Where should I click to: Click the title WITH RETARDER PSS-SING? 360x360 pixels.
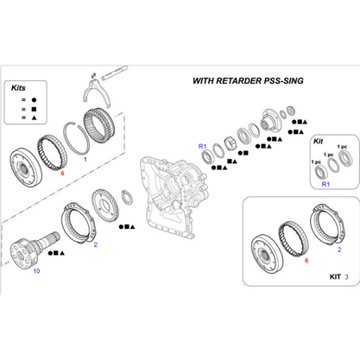pos(248,81)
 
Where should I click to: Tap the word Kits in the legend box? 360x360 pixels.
pos(18,88)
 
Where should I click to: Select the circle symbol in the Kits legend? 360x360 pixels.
pos(34,100)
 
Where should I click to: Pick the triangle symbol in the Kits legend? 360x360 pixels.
pos(34,117)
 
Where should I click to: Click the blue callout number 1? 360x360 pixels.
pos(85,159)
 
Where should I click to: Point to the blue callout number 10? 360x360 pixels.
pos(36,271)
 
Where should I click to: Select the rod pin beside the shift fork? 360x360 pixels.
pos(115,73)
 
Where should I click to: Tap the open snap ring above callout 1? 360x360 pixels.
pos(76,137)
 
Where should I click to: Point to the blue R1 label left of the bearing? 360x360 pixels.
pos(203,146)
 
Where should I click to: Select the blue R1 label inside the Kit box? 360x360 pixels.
pos(325,184)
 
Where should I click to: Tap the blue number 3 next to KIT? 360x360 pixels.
pos(346,277)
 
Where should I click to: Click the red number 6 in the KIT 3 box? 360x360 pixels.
pos(306,261)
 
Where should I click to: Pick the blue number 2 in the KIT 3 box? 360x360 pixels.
pos(339,249)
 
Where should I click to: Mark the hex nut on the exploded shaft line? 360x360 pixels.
pos(230,142)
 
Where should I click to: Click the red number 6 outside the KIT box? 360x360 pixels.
pos(62,173)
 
